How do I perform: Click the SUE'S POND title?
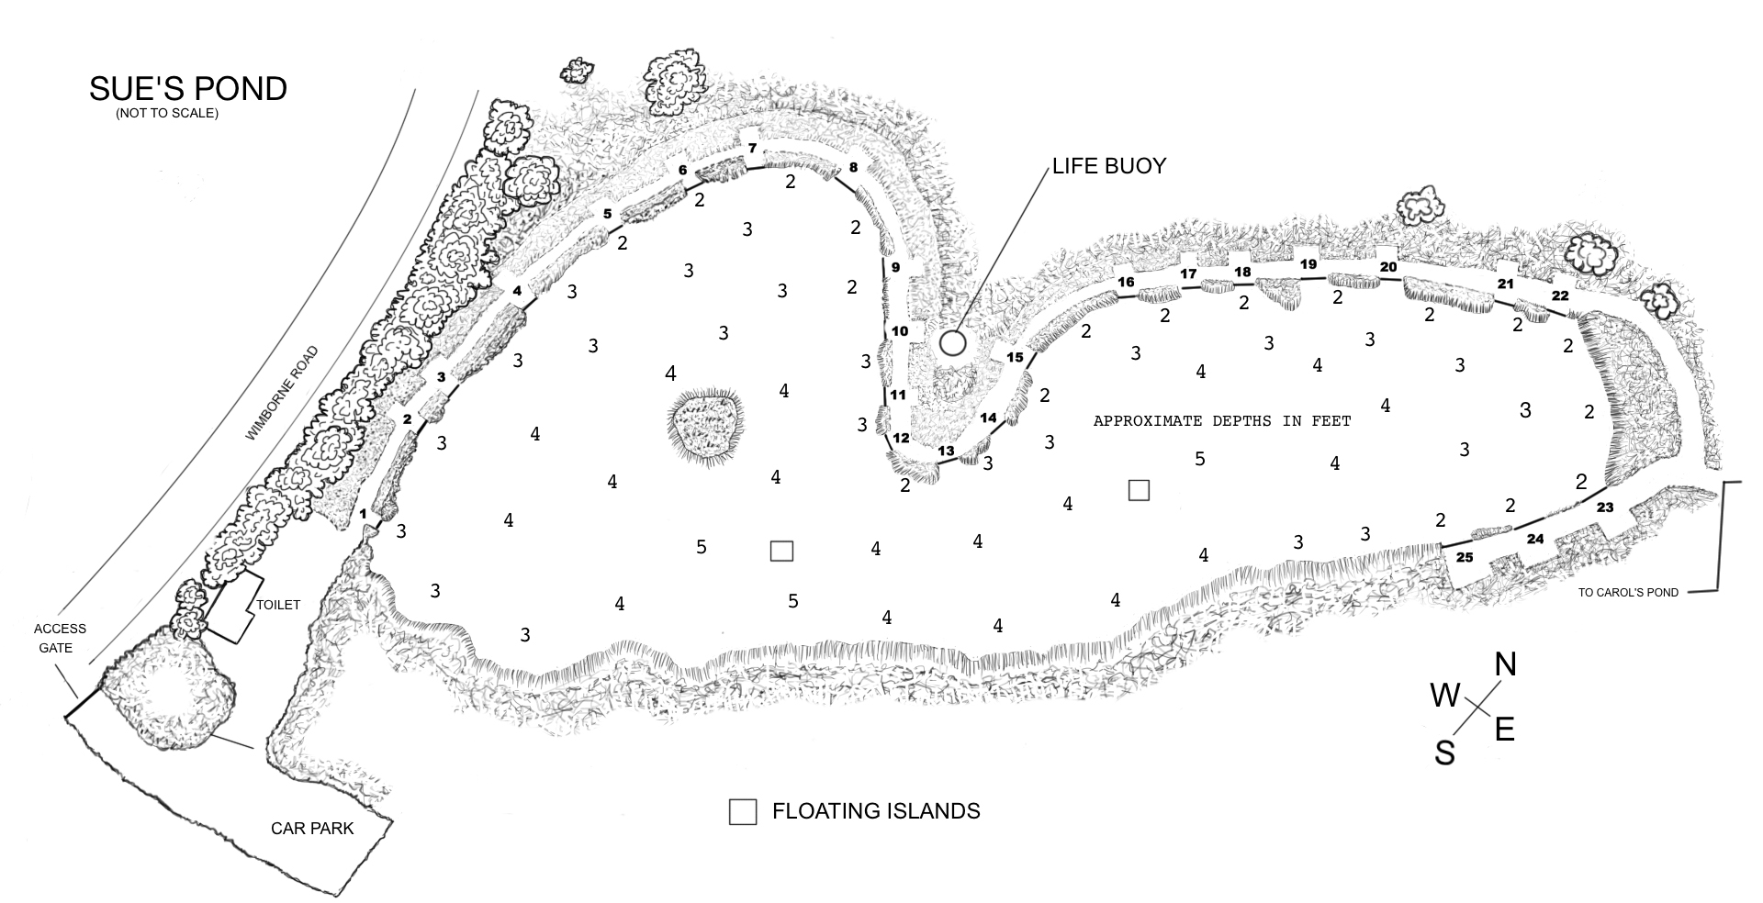click(188, 89)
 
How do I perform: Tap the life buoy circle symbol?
click(953, 343)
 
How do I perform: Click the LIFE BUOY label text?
click(1109, 166)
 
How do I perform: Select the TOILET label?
click(277, 605)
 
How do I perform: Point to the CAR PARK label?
click(312, 829)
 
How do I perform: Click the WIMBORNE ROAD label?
click(281, 394)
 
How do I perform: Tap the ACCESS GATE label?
click(61, 638)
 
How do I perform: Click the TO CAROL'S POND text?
click(1628, 593)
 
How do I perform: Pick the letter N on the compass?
click(1506, 664)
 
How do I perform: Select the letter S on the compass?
click(1445, 753)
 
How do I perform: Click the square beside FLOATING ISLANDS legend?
click(743, 812)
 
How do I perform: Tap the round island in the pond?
click(703, 425)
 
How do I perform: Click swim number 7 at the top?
click(752, 149)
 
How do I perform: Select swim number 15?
click(1015, 357)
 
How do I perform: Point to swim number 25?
click(1465, 557)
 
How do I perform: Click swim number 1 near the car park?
click(364, 514)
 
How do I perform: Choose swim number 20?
click(1388, 267)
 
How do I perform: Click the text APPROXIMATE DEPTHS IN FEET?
click(1222, 421)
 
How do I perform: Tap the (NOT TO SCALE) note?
click(167, 115)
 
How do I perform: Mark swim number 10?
click(900, 330)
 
